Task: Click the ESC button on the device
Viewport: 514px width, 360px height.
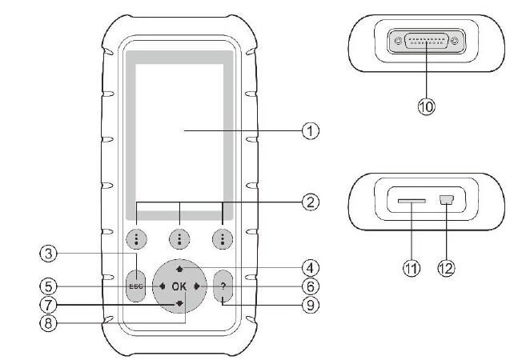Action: click(136, 286)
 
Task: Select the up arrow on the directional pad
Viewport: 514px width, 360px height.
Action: click(179, 266)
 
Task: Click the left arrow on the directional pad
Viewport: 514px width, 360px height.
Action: click(162, 286)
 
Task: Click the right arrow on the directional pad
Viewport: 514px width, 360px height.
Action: click(196, 286)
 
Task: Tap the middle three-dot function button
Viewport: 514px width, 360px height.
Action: click(179, 238)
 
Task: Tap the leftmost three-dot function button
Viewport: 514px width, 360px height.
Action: click(136, 238)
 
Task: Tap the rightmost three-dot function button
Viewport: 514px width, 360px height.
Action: click(223, 238)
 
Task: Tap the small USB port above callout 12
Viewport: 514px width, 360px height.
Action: click(444, 203)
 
